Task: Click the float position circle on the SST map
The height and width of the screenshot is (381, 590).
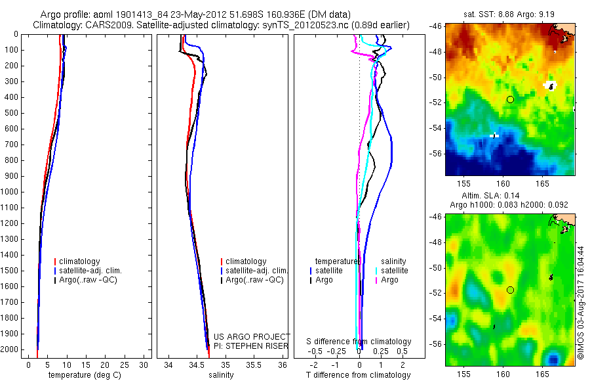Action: click(x=510, y=99)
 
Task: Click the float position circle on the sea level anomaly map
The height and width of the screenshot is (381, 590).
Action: click(x=510, y=290)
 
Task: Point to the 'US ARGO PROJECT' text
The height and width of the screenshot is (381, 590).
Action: click(x=251, y=336)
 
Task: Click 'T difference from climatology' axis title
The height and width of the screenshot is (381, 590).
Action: click(x=359, y=375)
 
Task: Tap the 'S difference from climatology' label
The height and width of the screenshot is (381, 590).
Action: click(x=359, y=342)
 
